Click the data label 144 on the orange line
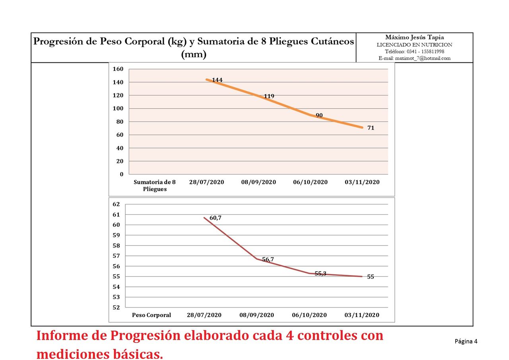point(217,80)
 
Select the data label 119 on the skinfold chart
point(269,96)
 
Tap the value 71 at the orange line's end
point(371,128)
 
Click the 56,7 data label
point(268,260)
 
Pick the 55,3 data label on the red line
point(320,274)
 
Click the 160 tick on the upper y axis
point(118,69)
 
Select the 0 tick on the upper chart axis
point(121,174)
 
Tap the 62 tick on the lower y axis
point(116,204)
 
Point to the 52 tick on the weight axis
point(116,307)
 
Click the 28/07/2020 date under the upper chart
point(206,182)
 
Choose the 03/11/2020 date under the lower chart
point(361,315)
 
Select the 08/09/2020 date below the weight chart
point(256,315)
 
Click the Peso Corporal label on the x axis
point(151,315)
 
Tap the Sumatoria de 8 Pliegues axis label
point(155,186)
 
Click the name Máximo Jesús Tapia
point(414,37)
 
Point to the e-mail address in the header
point(414,58)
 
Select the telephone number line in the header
point(414,51)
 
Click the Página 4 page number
point(466,341)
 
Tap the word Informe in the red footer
point(59,335)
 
